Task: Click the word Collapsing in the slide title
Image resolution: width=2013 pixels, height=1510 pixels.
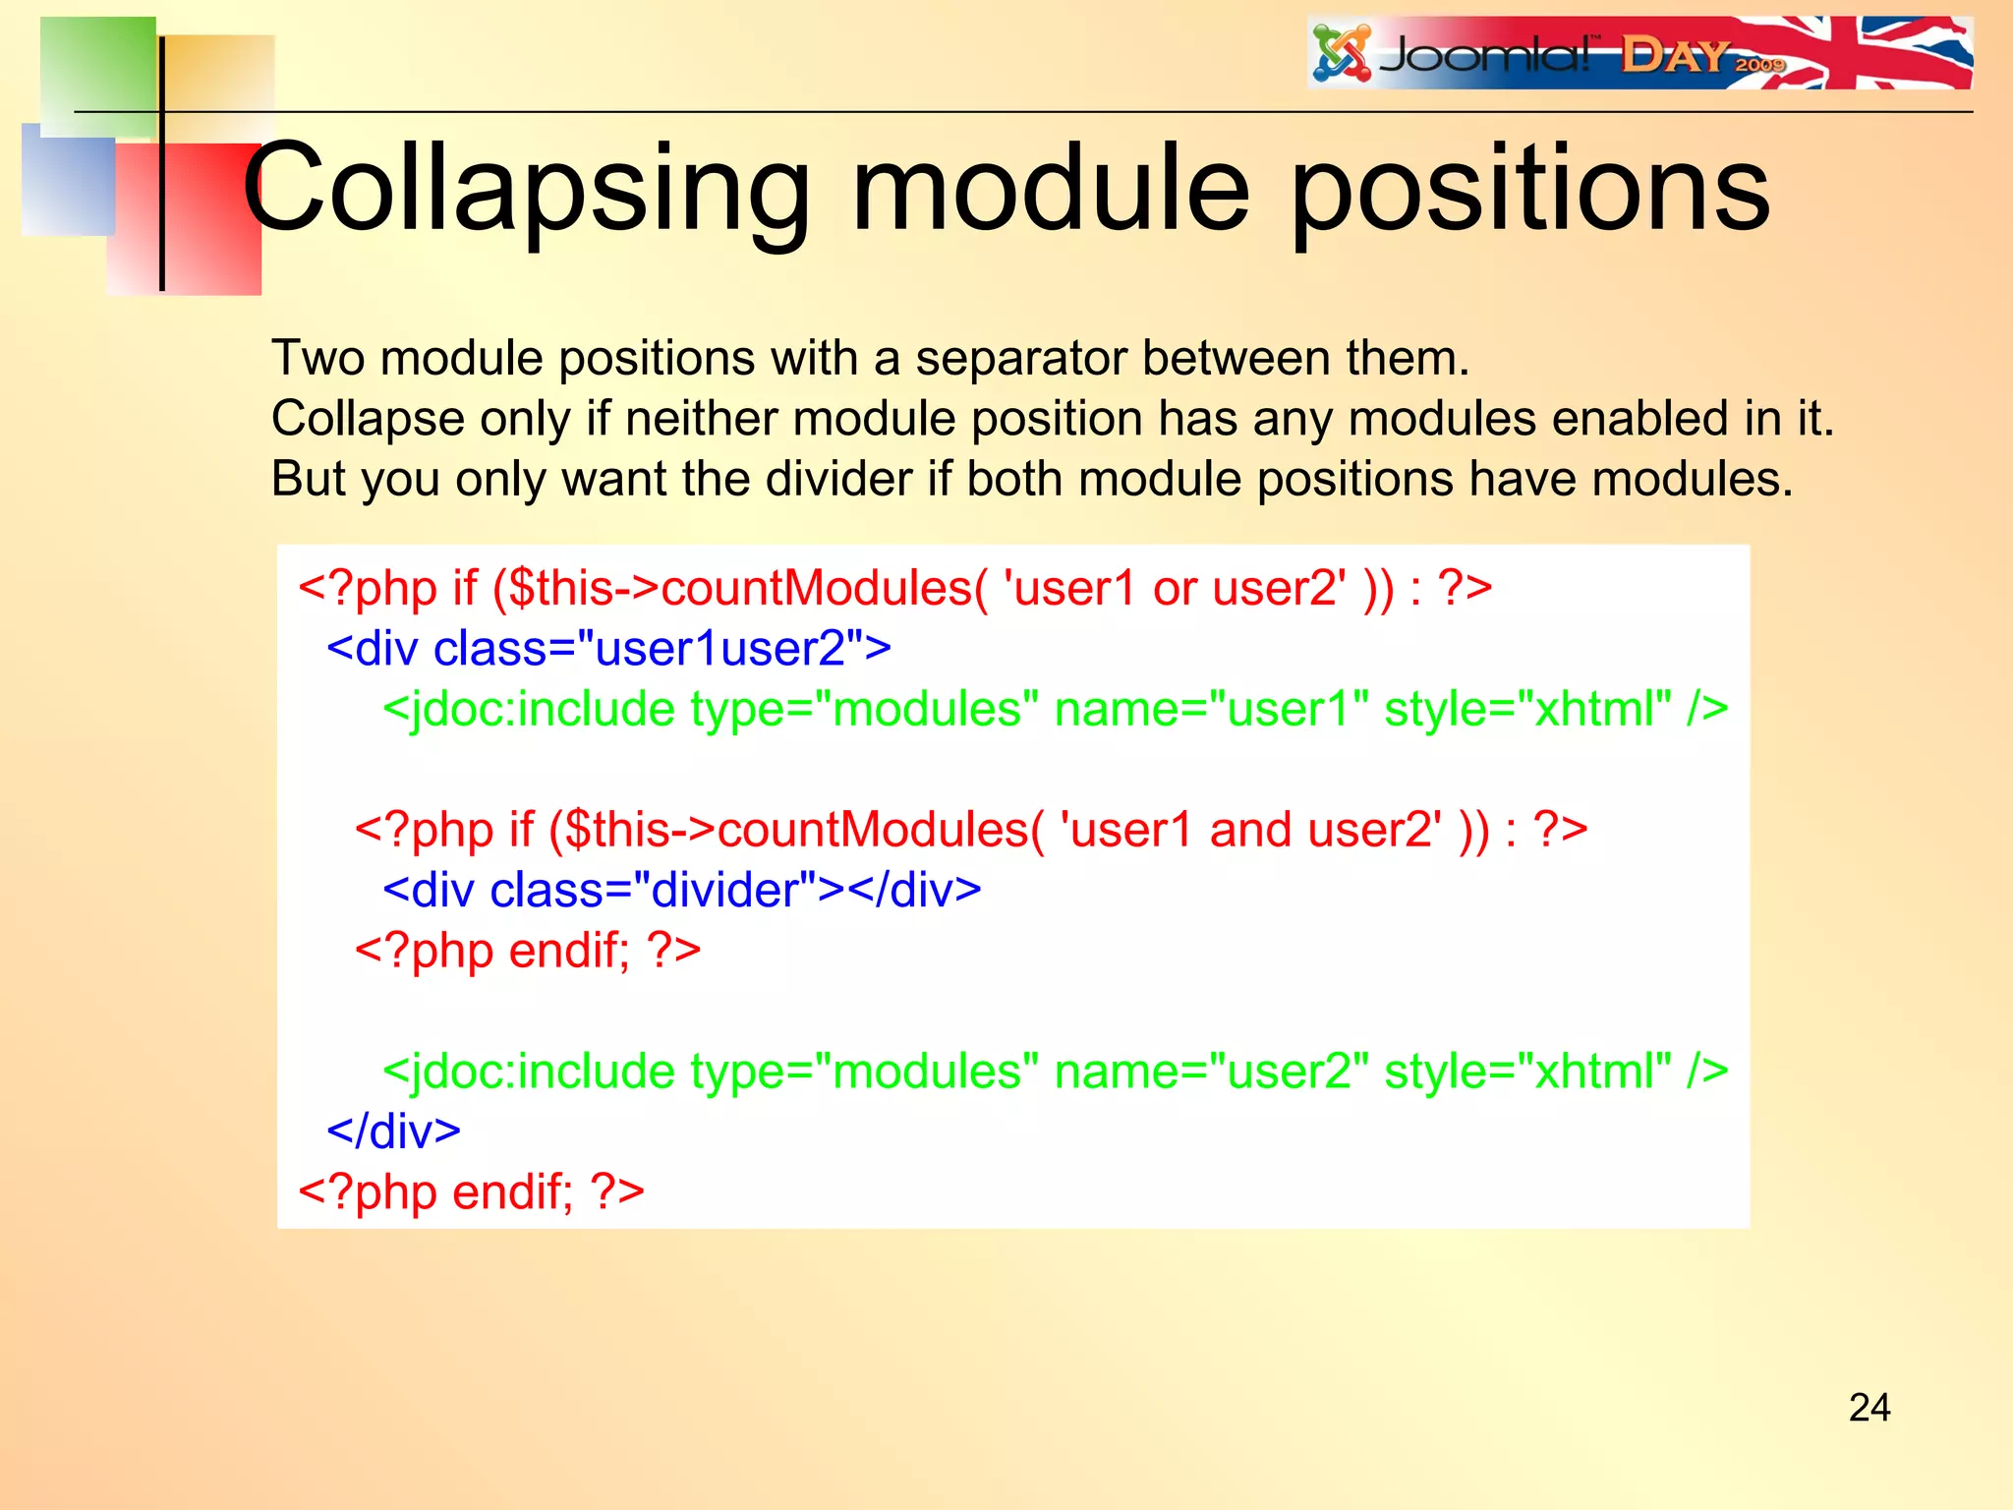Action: [526, 189]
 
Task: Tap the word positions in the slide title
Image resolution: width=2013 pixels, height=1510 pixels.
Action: [1529, 189]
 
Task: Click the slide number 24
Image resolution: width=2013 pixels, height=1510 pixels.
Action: [1869, 1408]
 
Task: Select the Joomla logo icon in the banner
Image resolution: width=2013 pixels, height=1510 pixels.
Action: [1342, 53]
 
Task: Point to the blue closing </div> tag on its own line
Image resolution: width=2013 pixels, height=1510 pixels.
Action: [393, 1132]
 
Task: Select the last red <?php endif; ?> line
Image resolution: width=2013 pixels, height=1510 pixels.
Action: [471, 1192]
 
